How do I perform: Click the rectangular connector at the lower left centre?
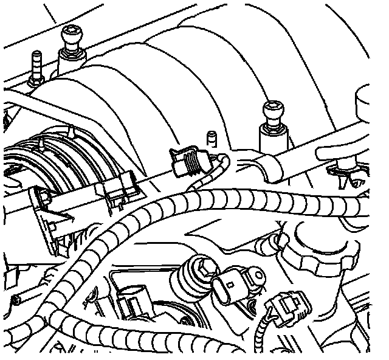[132, 303]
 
